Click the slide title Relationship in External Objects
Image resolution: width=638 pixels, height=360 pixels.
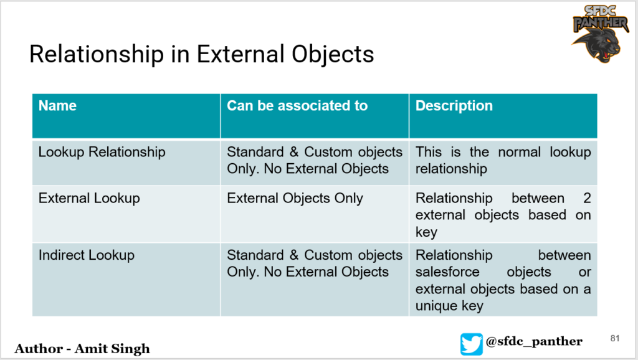tap(201, 55)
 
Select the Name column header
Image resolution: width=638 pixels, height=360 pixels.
tap(57, 106)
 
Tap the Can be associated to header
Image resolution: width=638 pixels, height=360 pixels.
tap(297, 106)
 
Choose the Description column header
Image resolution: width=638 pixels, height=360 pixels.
tap(454, 106)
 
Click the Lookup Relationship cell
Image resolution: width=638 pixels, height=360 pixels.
tap(102, 152)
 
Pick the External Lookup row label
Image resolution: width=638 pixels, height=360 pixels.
tap(89, 198)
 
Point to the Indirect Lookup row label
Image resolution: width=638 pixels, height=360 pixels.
tap(87, 255)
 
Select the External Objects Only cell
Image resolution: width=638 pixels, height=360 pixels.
tap(295, 198)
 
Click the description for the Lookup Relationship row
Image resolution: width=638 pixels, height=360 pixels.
tap(503, 160)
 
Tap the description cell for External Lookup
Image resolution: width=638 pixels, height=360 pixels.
tap(503, 215)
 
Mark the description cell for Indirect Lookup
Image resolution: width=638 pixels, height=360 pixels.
tap(503, 280)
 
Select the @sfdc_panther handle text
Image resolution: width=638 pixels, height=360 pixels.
tap(534, 341)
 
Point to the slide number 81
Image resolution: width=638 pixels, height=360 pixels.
tap(615, 338)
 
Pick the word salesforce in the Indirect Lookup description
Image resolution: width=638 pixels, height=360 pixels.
tap(448, 272)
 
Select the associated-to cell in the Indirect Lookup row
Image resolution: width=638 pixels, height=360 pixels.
tap(315, 263)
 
